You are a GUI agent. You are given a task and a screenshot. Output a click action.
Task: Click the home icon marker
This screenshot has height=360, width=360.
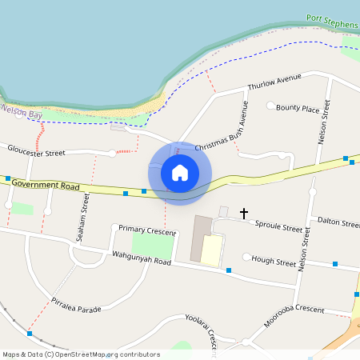(180, 173)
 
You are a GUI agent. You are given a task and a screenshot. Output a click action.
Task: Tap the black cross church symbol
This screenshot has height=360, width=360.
(243, 214)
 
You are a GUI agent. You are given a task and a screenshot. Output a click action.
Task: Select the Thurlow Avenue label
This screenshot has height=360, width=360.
(274, 82)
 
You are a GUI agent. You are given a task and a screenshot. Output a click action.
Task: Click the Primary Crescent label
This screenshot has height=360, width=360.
(147, 230)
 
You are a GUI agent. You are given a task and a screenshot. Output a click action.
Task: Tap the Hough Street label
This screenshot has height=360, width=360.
(274, 260)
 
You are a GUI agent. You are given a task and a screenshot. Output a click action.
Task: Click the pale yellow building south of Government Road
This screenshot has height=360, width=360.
(212, 250)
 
